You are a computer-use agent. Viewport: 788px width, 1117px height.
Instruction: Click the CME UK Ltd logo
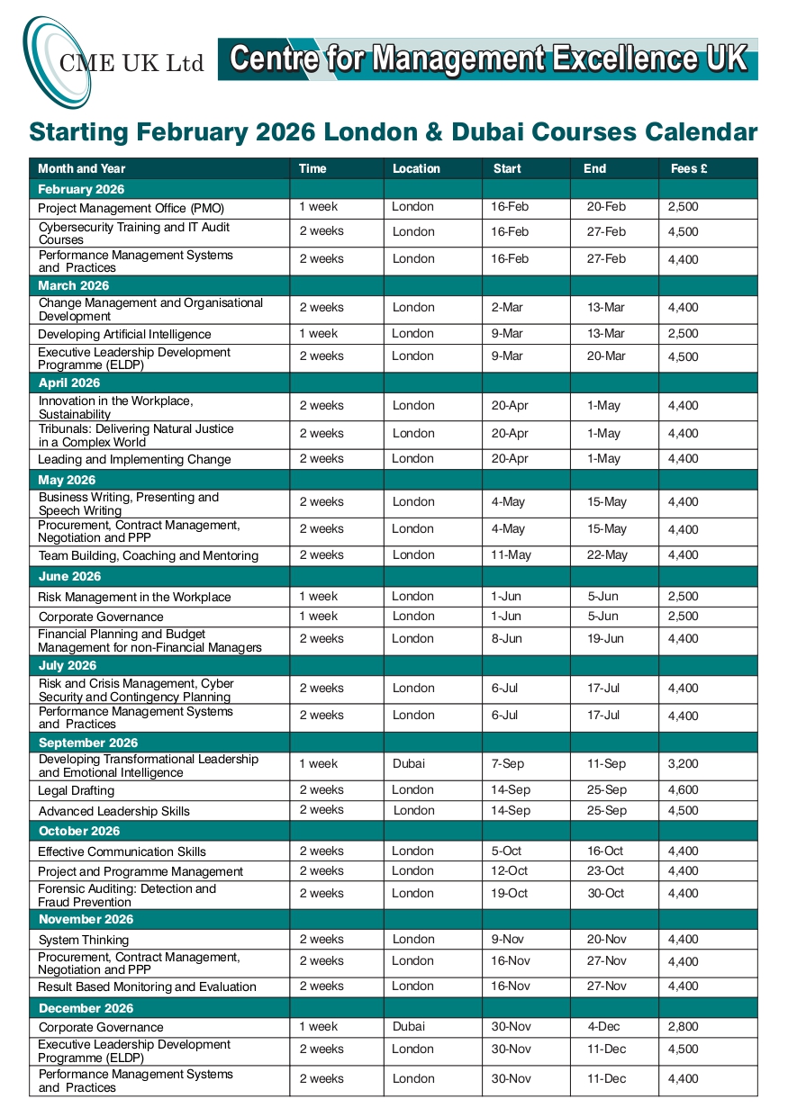click(x=113, y=60)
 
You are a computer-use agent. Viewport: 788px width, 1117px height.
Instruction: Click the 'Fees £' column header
click(x=689, y=168)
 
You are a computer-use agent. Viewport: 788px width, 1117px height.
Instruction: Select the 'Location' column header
click(x=416, y=168)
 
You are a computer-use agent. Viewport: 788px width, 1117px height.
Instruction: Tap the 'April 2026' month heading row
click(x=69, y=383)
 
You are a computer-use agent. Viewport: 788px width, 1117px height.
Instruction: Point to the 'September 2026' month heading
click(x=88, y=743)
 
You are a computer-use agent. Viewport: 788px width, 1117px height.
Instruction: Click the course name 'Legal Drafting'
click(x=77, y=790)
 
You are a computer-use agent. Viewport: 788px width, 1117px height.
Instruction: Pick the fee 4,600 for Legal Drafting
click(x=683, y=789)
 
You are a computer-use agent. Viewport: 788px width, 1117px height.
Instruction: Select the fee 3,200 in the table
click(x=683, y=763)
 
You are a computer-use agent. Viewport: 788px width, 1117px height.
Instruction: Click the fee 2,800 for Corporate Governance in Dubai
click(x=683, y=1026)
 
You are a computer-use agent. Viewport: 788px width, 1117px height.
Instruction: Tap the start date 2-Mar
click(x=507, y=307)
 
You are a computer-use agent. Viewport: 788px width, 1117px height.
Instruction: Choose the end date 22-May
click(x=607, y=554)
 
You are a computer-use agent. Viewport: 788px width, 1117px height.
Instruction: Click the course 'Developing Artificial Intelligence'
click(x=124, y=334)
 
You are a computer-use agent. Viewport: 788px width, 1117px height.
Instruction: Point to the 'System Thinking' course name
click(x=84, y=940)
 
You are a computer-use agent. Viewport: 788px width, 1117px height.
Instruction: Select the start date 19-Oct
click(x=510, y=893)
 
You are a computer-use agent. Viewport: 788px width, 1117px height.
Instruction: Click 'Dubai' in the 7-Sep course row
click(x=409, y=763)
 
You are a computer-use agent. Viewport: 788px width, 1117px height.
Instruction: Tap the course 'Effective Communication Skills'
click(x=122, y=851)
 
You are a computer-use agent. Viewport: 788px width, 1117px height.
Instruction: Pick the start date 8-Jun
click(x=507, y=638)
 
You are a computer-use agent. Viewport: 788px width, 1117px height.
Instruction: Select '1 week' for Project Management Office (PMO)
click(x=319, y=206)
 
